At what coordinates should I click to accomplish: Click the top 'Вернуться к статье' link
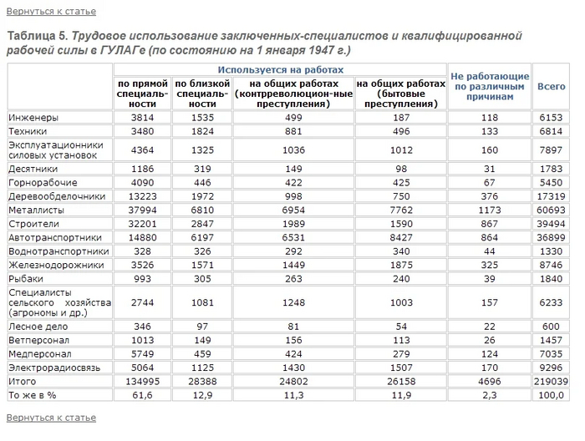[51, 12]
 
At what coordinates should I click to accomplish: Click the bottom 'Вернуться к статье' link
[51, 417]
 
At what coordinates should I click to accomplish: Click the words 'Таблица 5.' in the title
[37, 36]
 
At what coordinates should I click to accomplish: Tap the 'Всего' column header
[551, 86]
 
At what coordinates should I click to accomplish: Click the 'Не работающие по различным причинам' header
[490, 86]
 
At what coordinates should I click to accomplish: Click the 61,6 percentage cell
[144, 394]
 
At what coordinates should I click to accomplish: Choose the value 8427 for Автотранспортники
[401, 237]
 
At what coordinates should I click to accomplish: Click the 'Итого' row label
[23, 380]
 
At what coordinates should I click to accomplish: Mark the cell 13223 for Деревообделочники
[144, 195]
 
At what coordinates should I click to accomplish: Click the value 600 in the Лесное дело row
[551, 326]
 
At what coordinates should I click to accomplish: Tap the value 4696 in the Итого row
[489, 380]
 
